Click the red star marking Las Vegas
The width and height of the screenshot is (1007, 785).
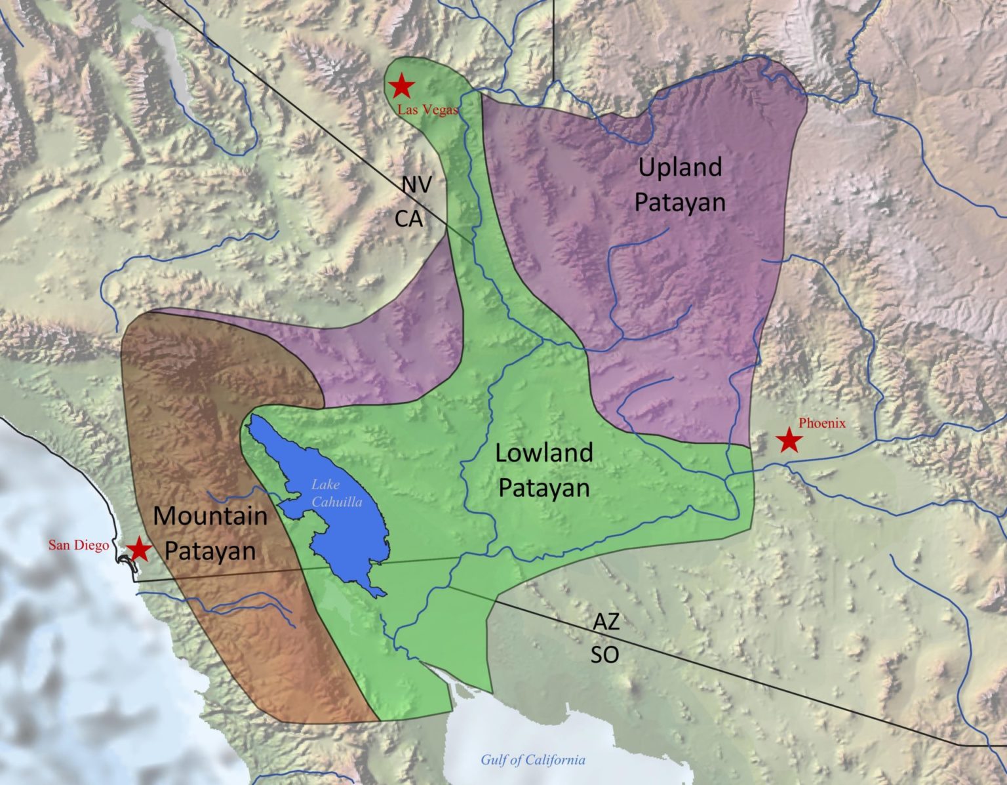point(401,85)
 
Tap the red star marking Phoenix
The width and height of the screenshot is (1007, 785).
point(789,441)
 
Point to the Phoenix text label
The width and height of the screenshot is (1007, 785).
point(822,424)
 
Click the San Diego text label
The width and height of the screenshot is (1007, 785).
point(79,546)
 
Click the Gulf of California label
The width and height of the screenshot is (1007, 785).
point(532,760)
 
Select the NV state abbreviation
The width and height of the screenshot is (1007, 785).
point(417,185)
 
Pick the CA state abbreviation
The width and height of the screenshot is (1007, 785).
point(408,219)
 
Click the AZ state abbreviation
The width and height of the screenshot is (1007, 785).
point(606,621)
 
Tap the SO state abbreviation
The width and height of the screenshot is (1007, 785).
point(604,654)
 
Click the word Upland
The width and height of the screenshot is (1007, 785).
point(680,168)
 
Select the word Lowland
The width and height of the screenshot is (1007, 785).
point(544,453)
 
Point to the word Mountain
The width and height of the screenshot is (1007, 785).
point(210,516)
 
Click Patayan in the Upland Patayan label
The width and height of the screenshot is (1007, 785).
point(680,202)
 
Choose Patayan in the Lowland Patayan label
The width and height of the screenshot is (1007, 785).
point(544,488)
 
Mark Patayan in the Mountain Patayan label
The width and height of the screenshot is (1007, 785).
point(210,550)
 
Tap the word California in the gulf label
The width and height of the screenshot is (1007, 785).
point(553,760)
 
